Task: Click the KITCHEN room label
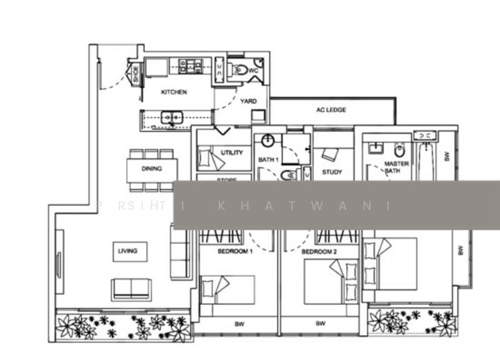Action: (174, 92)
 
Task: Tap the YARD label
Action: (248, 101)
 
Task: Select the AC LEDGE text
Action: (331, 110)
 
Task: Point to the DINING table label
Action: (151, 169)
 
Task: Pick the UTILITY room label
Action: (232, 152)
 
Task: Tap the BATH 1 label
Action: (268, 160)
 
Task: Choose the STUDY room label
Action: (332, 172)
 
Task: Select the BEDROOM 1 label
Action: (234, 251)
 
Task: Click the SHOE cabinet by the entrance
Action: (135, 74)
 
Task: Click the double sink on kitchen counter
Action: (169, 117)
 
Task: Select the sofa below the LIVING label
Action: (131, 289)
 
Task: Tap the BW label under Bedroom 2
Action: (320, 324)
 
